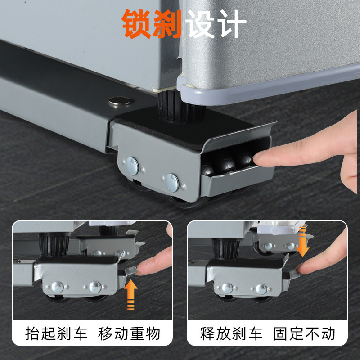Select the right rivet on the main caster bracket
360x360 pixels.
tap(172, 181)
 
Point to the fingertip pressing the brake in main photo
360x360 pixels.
tap(261, 157)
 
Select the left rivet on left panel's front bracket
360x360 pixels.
tap(57, 287)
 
